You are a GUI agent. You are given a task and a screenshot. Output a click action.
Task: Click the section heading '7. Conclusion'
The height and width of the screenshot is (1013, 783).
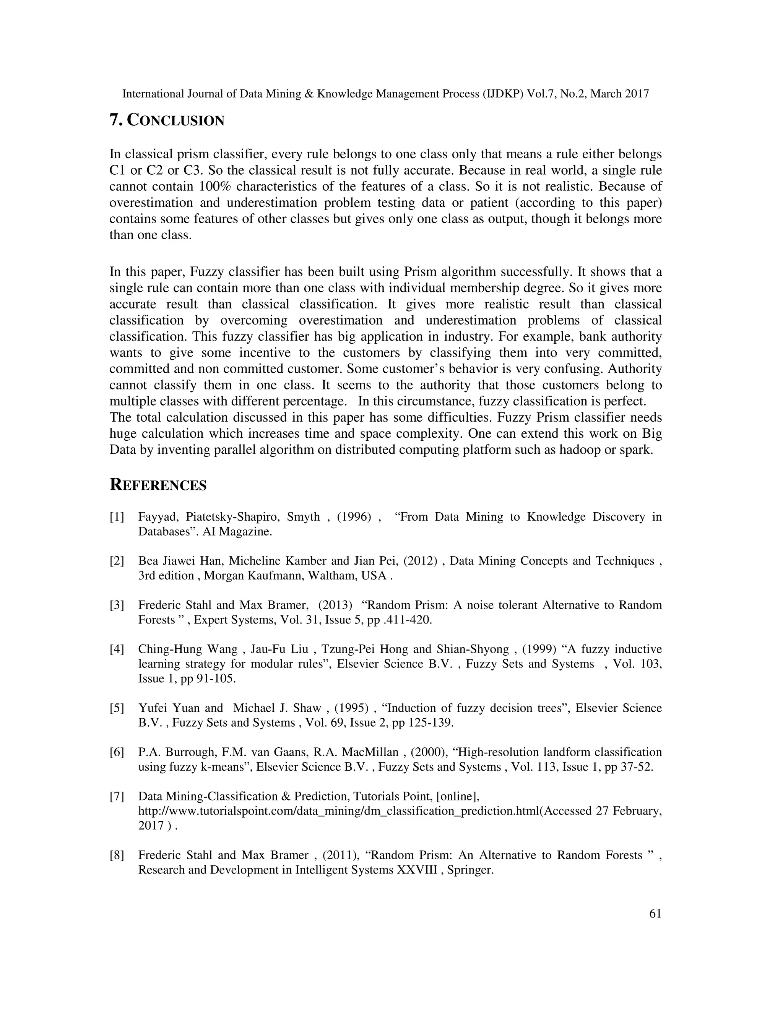167,120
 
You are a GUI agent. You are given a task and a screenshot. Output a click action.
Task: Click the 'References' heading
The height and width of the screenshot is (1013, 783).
158,485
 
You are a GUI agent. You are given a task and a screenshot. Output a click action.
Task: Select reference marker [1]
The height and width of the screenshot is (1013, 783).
117,517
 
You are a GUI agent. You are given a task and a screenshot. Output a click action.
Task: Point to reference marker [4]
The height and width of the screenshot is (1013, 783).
117,649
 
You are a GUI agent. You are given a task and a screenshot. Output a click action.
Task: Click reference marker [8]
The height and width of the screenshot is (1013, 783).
117,855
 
